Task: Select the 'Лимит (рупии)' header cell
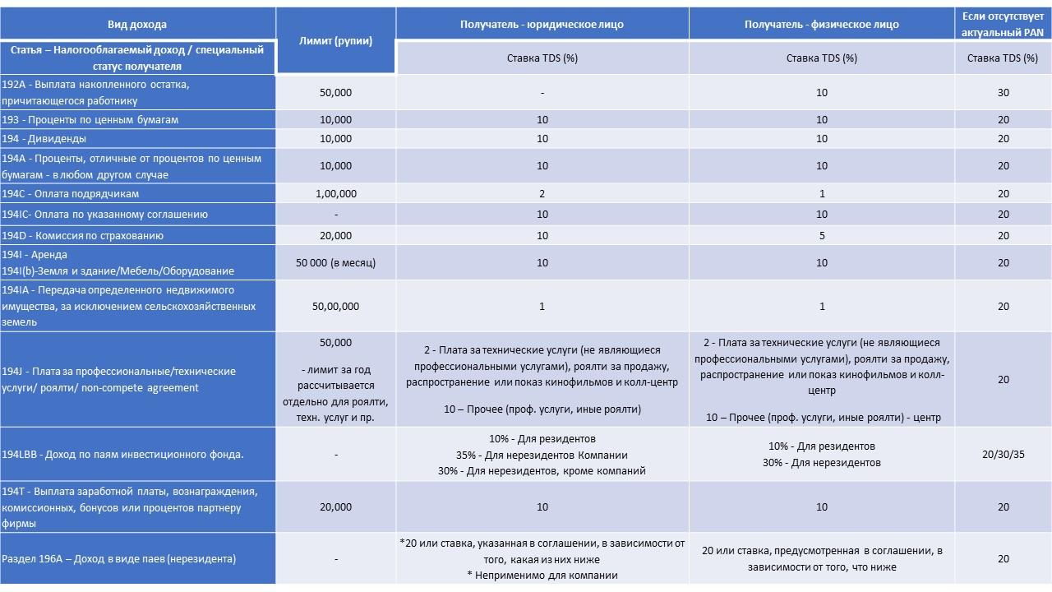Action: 335,41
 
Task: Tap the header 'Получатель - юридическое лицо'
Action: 542,25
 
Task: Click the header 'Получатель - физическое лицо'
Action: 821,25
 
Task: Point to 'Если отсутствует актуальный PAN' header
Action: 1003,24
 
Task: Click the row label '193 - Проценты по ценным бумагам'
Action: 90,120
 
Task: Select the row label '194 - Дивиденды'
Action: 44,139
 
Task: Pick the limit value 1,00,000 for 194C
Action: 335,194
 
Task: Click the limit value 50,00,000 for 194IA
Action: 335,307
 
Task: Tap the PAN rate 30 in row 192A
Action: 1003,93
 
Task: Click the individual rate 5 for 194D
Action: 821,236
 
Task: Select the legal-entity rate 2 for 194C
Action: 542,194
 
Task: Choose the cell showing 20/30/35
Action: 1003,455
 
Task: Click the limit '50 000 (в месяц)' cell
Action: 335,263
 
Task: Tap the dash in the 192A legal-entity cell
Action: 542,93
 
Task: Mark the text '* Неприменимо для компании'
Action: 542,576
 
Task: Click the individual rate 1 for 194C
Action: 821,194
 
